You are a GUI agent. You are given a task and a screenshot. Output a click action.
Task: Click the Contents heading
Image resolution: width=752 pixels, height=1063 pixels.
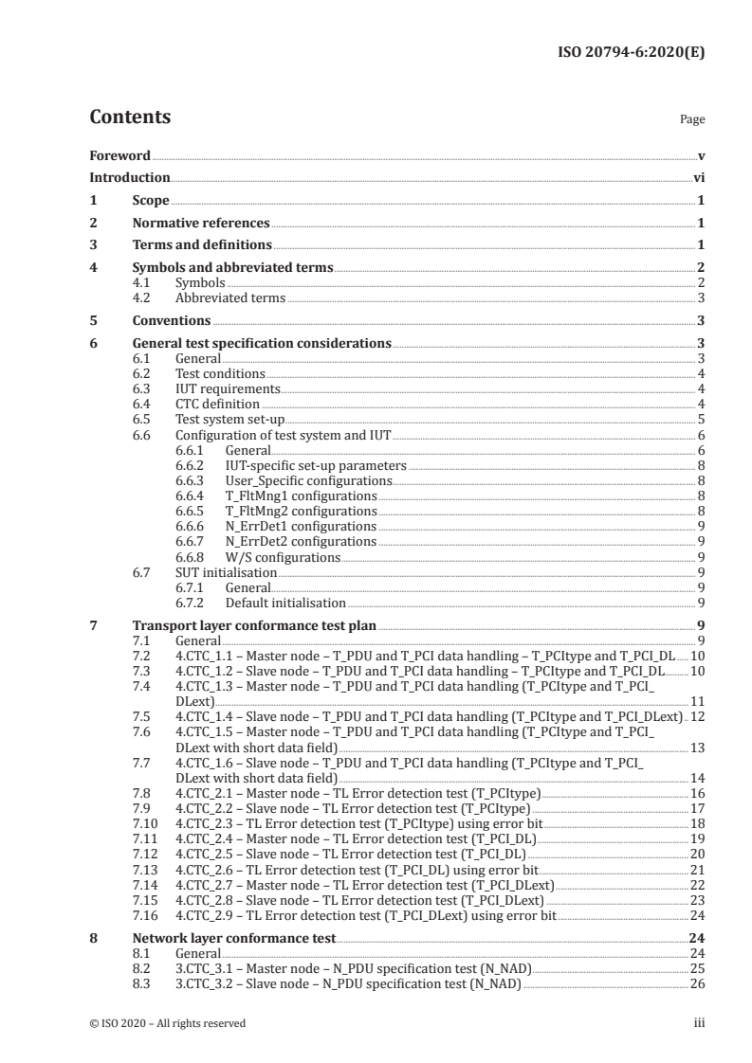point(130,117)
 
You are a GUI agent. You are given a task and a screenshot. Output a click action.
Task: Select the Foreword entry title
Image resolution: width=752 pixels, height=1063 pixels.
point(119,155)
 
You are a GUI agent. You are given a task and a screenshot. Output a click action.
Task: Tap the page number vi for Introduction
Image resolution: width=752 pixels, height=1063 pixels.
point(698,177)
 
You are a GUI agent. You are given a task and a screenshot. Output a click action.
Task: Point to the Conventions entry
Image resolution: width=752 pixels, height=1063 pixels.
point(171,320)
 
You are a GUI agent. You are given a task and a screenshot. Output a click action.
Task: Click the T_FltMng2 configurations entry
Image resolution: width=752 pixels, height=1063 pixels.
point(301,512)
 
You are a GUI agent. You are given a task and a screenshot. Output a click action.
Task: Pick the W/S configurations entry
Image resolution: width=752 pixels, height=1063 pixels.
point(283,558)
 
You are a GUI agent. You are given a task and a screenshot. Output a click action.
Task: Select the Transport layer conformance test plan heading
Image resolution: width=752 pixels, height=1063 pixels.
point(254,625)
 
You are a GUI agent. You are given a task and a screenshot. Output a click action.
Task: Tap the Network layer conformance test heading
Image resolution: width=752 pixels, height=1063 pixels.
point(233,939)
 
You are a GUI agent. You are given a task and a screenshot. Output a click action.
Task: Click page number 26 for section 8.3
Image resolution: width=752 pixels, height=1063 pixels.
point(697,984)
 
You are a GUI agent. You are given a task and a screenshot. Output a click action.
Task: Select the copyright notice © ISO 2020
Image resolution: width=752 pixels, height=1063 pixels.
point(167,1022)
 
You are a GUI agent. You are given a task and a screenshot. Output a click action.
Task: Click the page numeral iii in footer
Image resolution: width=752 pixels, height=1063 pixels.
point(699,1022)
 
